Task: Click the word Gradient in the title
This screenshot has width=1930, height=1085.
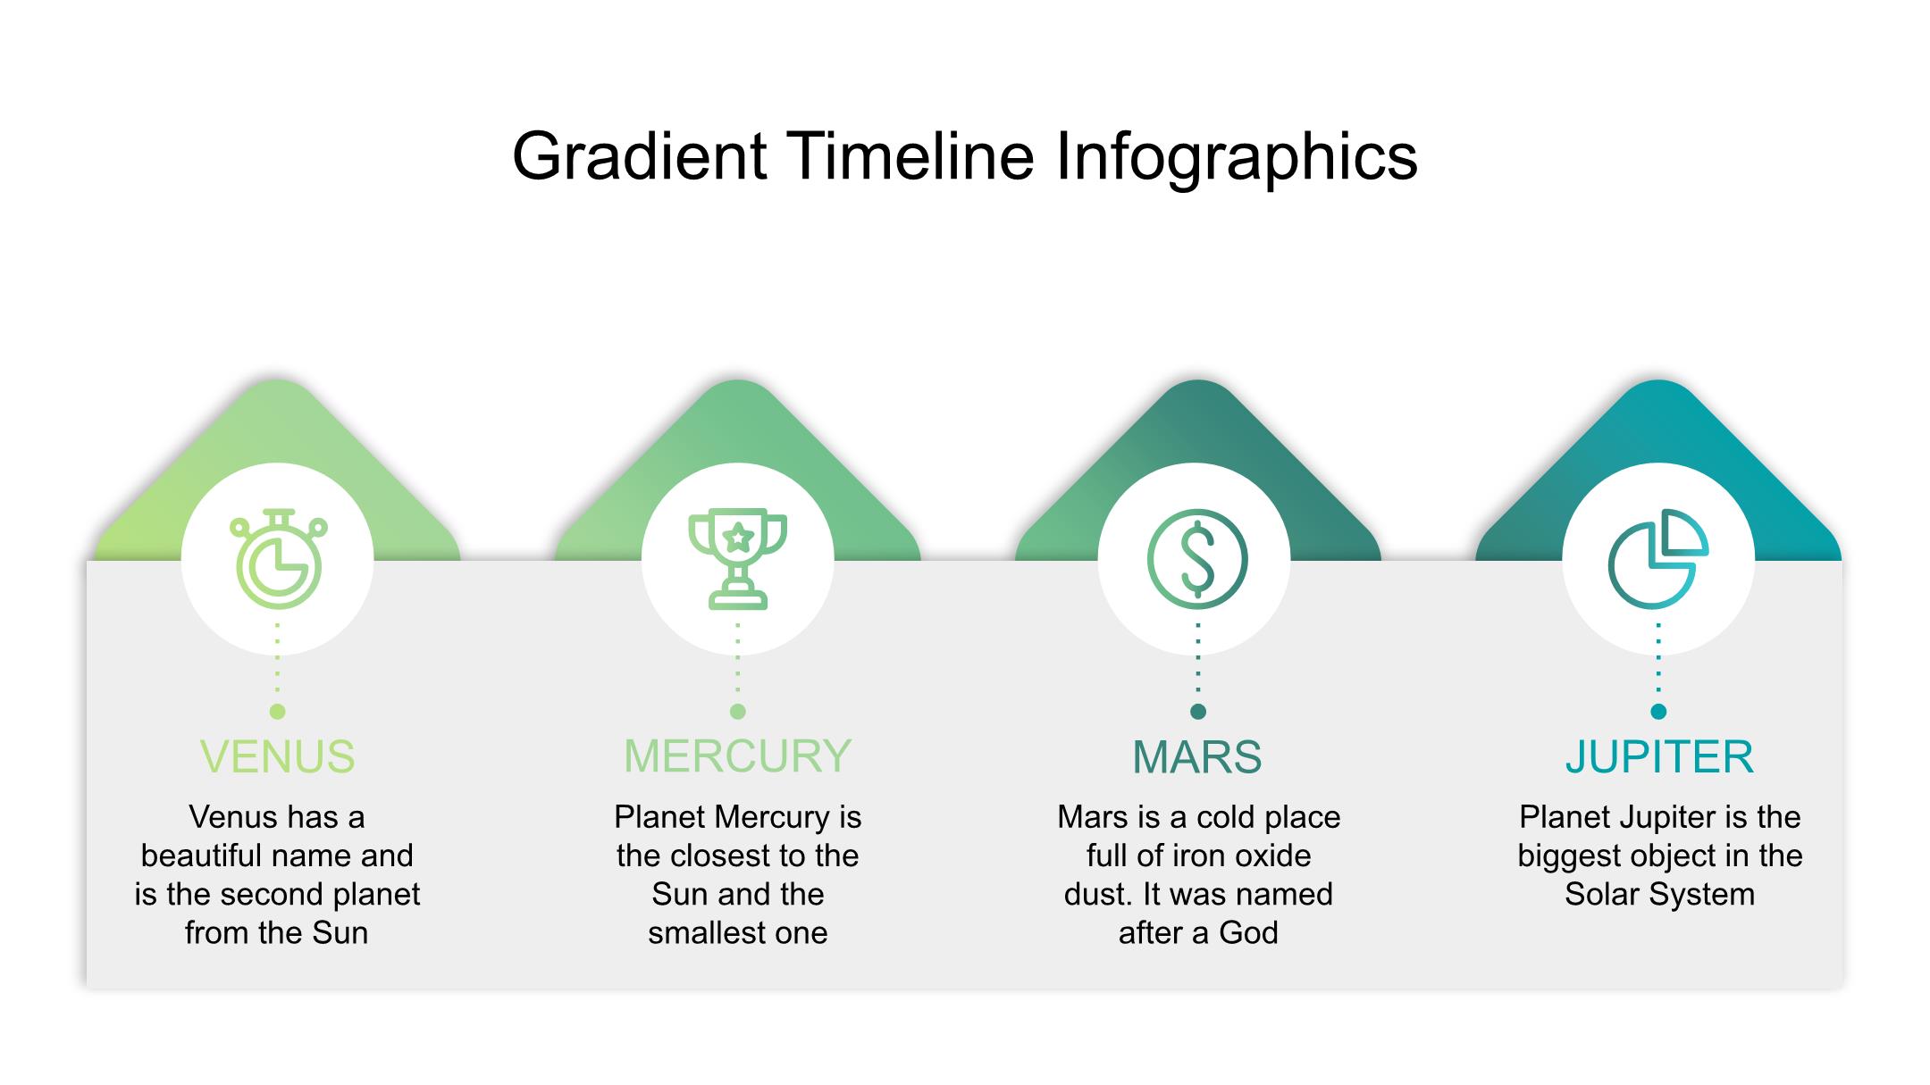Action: [x=640, y=158]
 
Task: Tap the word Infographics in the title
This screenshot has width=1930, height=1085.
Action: [x=1237, y=158]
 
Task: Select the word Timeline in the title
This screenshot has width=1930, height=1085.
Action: [x=911, y=156]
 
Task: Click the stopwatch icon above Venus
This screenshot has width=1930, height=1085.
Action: [x=278, y=559]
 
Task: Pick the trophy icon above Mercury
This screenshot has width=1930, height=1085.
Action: [x=738, y=560]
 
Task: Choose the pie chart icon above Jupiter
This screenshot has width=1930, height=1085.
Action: [x=1658, y=559]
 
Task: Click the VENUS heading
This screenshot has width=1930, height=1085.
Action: [x=277, y=757]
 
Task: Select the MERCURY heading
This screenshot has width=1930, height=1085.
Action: [x=737, y=756]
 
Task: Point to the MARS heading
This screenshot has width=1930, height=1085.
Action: [x=1197, y=757]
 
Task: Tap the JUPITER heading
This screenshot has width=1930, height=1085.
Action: [x=1659, y=757]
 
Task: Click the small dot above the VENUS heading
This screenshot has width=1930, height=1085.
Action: [x=277, y=712]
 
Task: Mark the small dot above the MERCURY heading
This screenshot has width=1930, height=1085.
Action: [x=738, y=712]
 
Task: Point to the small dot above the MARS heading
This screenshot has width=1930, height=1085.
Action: [x=1198, y=712]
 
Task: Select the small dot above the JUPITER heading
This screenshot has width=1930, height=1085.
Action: [x=1659, y=712]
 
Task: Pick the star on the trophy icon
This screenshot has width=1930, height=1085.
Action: [x=738, y=538]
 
